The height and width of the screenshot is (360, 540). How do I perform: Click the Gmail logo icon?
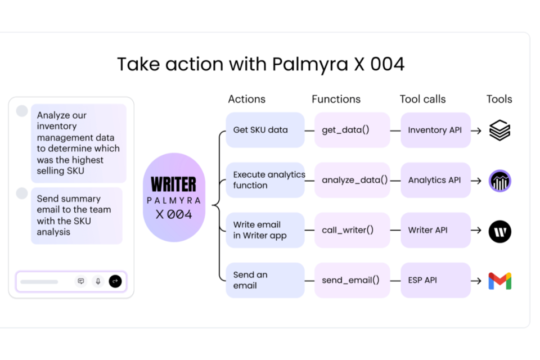pyautogui.click(x=499, y=281)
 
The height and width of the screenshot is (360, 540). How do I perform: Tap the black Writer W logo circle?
pyautogui.click(x=499, y=231)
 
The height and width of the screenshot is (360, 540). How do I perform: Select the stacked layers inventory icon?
pyautogui.click(x=499, y=130)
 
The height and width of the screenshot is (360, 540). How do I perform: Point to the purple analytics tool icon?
pyautogui.click(x=499, y=181)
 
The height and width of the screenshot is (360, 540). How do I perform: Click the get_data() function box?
pyautogui.click(x=352, y=130)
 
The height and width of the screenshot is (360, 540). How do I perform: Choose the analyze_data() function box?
pyautogui.click(x=352, y=180)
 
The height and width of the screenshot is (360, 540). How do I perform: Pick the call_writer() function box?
pyautogui.click(x=352, y=230)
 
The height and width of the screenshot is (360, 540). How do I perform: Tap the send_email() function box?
pyautogui.click(x=352, y=280)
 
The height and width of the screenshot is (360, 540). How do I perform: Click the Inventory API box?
pyautogui.click(x=435, y=130)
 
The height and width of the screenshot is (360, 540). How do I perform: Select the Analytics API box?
pyautogui.click(x=435, y=180)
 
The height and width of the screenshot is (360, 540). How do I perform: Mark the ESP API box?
pyautogui.click(x=435, y=280)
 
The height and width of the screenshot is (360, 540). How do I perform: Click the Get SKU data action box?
pyautogui.click(x=265, y=130)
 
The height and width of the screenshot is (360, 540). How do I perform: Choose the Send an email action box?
pyautogui.click(x=265, y=280)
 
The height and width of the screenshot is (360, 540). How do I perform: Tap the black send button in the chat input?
pyautogui.click(x=115, y=281)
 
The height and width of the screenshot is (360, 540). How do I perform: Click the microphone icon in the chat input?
pyautogui.click(x=98, y=281)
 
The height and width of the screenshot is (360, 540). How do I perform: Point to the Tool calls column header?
pyautogui.click(x=422, y=99)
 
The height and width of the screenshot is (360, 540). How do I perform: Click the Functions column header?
pyautogui.click(x=336, y=99)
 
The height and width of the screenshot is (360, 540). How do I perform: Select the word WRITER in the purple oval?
pyautogui.click(x=174, y=184)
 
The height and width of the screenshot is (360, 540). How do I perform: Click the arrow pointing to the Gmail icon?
pyautogui.click(x=476, y=281)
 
